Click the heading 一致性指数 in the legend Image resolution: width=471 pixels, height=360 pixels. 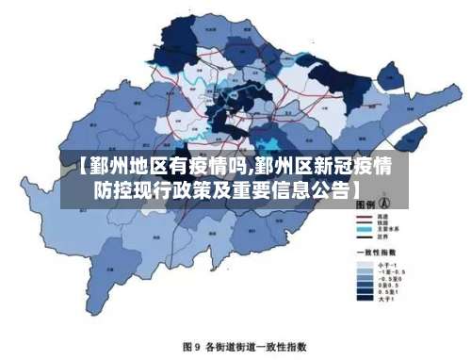pos(375,253)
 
